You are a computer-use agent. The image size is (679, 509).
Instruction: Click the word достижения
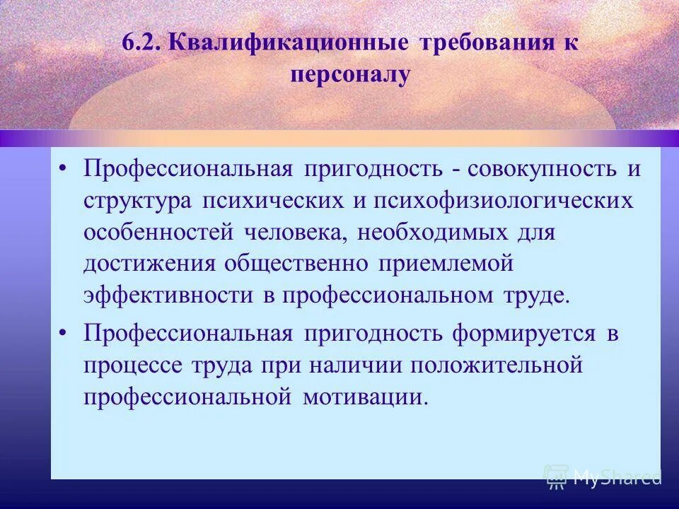pyautogui.click(x=149, y=264)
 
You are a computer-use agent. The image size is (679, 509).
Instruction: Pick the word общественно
pyautogui.click(x=296, y=264)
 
